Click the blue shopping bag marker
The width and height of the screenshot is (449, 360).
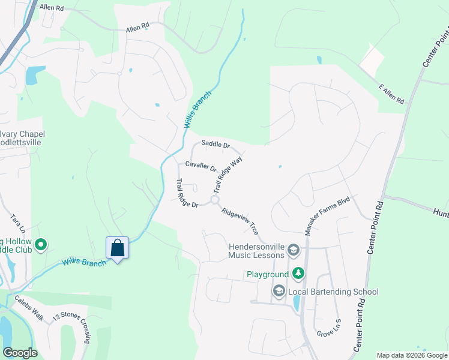117,248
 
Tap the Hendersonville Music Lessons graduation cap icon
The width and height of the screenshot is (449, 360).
294,250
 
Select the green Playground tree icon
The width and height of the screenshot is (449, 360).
298,274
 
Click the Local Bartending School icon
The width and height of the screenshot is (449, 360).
279,292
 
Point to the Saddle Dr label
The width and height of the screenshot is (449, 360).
215,144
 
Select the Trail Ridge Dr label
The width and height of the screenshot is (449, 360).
187,194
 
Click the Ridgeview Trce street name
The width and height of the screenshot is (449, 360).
240,221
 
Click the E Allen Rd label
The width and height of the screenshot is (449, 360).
391,94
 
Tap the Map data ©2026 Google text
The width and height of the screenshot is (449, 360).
411,355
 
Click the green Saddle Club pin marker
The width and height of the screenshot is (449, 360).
41,244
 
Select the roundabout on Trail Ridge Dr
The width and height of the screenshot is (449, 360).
215,200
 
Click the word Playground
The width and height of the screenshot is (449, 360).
268,275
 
